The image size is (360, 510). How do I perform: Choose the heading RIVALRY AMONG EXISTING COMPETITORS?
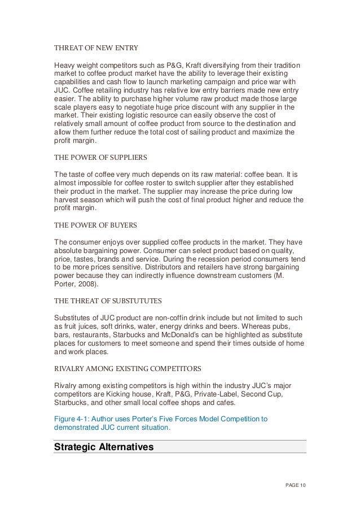127,368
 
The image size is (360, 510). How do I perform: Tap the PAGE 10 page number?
293,485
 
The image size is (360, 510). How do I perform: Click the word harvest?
67,200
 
